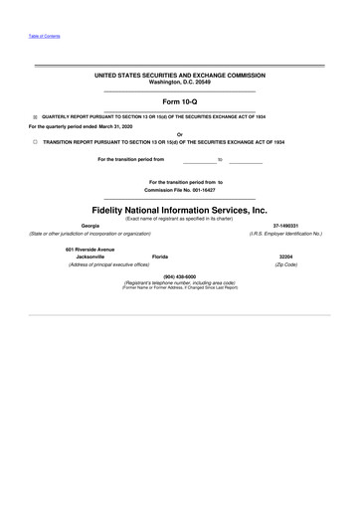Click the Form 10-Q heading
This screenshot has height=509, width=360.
pyautogui.click(x=179, y=101)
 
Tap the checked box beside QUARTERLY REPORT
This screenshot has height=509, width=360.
pyautogui.click(x=34, y=117)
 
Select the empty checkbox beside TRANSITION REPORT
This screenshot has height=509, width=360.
pyautogui.click(x=34, y=142)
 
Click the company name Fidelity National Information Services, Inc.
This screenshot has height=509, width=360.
pyautogui.click(x=179, y=211)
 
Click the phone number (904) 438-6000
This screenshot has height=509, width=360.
pyautogui.click(x=179, y=275)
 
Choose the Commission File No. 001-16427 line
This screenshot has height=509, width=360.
pyautogui.click(x=179, y=190)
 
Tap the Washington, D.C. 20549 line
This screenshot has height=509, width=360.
pyautogui.click(x=179, y=82)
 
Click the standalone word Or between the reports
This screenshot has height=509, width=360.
pyautogui.click(x=179, y=134)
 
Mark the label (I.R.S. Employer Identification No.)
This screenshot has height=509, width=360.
pyautogui.click(x=285, y=234)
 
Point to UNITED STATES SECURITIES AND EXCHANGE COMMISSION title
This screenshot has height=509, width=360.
pyautogui.click(x=179, y=75)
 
